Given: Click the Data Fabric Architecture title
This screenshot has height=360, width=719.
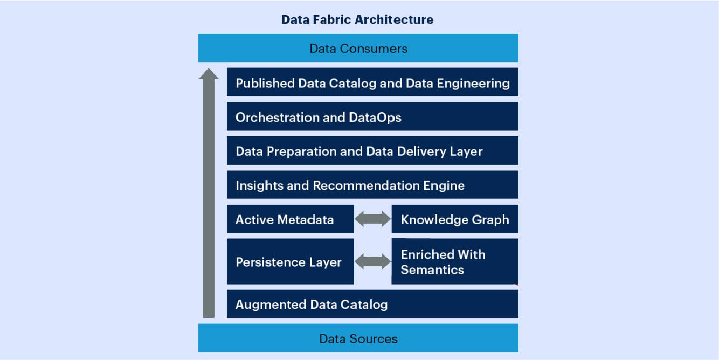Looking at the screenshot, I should click(x=357, y=20).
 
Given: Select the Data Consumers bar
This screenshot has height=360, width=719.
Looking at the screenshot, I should click(x=358, y=49).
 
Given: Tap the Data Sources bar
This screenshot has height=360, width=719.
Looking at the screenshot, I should click(x=358, y=338).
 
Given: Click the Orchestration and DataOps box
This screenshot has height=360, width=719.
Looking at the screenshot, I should click(x=372, y=117).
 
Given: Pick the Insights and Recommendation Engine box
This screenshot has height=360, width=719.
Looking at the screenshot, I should click(x=372, y=185).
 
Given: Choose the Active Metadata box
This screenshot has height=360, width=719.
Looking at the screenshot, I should click(x=290, y=219).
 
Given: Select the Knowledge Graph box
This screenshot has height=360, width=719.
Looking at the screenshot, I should click(x=454, y=219).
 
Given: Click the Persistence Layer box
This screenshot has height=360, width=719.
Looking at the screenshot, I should click(x=290, y=262).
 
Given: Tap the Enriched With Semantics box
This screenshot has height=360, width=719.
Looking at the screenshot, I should click(x=454, y=262).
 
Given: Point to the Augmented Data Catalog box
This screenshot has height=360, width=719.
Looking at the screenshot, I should click(x=372, y=304).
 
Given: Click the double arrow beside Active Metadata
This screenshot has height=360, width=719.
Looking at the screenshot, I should click(x=372, y=219).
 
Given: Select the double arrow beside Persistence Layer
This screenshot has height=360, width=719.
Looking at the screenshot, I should click(x=372, y=262).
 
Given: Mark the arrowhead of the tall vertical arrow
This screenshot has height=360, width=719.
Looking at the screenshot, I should click(x=209, y=73).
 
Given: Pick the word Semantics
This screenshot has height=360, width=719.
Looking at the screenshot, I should click(x=432, y=269).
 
